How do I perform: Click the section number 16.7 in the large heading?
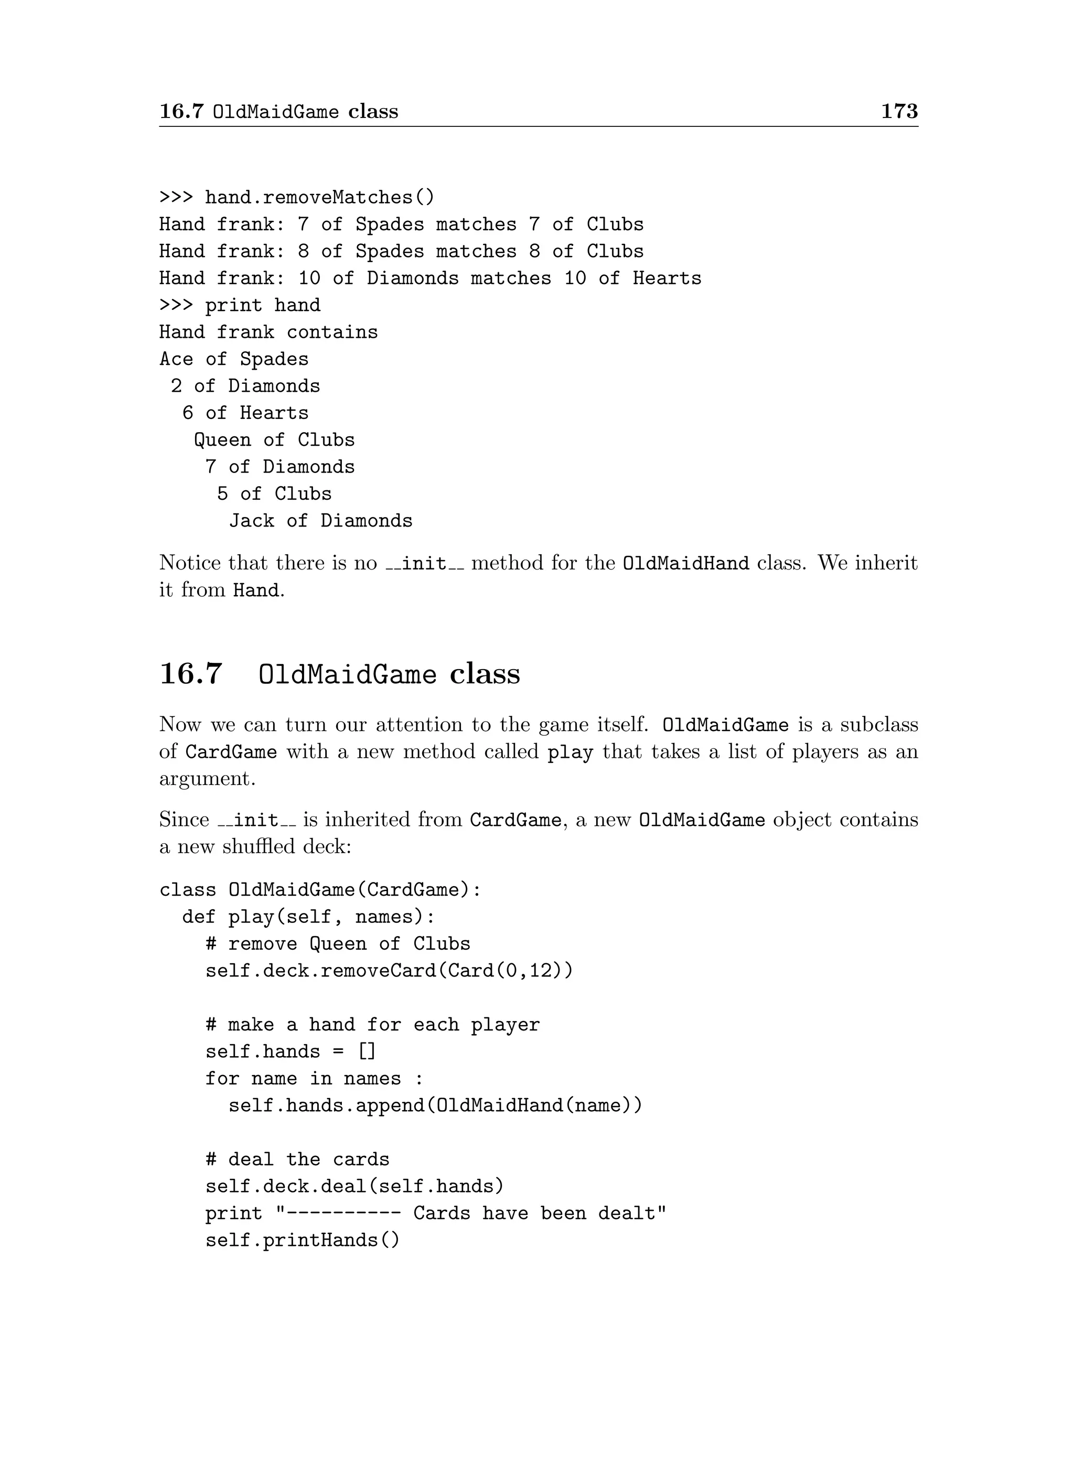(190, 673)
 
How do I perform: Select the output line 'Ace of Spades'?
(234, 359)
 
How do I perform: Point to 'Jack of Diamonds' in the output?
(320, 521)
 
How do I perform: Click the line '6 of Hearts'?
(245, 413)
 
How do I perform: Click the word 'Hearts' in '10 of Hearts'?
(667, 278)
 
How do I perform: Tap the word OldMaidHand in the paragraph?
(685, 563)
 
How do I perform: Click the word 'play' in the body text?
(570, 752)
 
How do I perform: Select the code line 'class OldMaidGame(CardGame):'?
(320, 889)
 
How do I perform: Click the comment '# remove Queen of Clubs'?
(337, 943)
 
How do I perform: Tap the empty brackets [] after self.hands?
(367, 1051)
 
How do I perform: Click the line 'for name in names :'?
(314, 1079)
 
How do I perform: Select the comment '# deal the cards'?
(297, 1159)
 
